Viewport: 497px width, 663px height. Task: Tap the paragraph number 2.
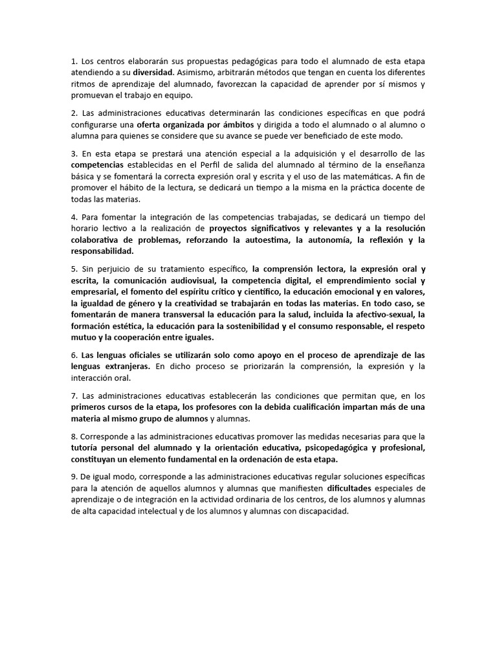(73, 113)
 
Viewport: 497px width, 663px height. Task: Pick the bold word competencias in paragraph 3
(99, 165)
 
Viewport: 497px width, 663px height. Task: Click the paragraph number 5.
(73, 269)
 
